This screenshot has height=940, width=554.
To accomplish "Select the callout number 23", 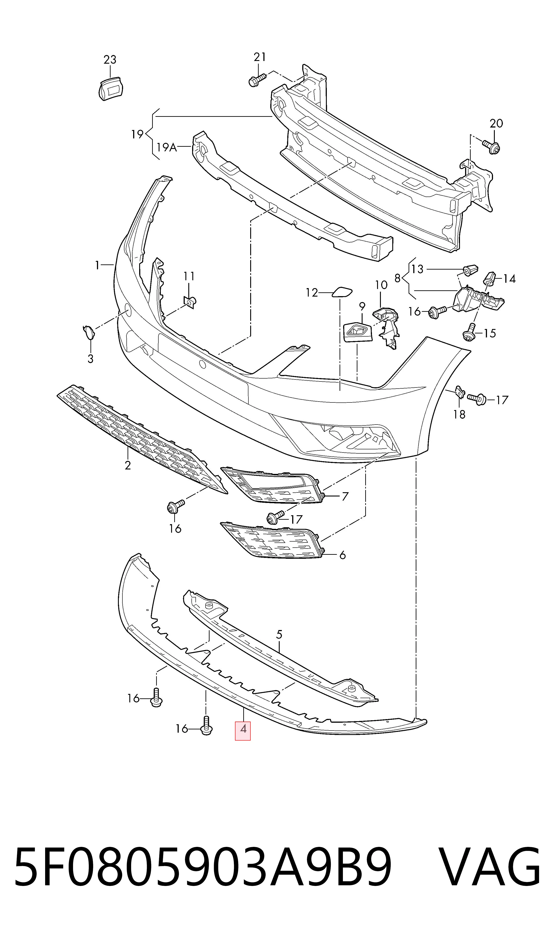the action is (x=110, y=59).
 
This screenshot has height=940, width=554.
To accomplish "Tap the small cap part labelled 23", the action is (x=111, y=88).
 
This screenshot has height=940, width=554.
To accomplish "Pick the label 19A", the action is (x=166, y=147).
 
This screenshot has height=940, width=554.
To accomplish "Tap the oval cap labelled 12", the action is (x=342, y=292).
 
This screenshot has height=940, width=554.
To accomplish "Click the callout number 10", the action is (x=381, y=285).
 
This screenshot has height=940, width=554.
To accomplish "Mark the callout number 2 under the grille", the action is (x=128, y=465).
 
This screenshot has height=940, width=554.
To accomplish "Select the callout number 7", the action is (x=345, y=496).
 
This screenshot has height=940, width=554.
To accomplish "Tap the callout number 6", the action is (x=342, y=555).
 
